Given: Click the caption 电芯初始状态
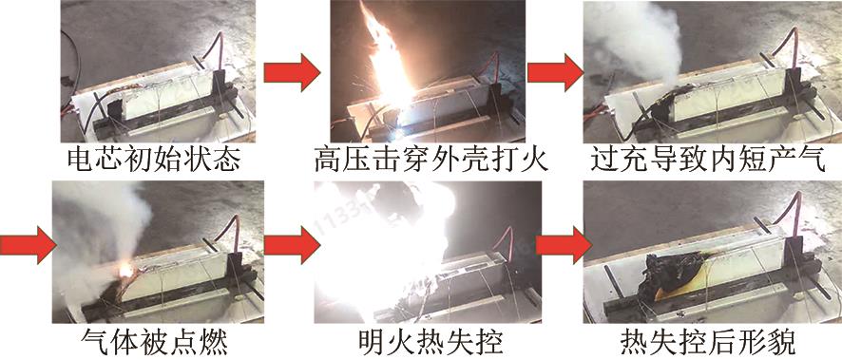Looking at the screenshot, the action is click(154, 159).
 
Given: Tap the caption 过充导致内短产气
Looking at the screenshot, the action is click(708, 159).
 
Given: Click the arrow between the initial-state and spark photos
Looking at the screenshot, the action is click(292, 72).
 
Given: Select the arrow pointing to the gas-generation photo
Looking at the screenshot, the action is click(555, 72).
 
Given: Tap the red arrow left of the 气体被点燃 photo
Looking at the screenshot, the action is click(28, 245).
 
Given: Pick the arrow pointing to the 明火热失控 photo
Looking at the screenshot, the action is click(292, 245).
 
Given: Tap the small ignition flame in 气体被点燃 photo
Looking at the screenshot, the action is click(126, 270).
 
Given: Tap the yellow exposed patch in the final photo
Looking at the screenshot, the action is click(678, 290).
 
